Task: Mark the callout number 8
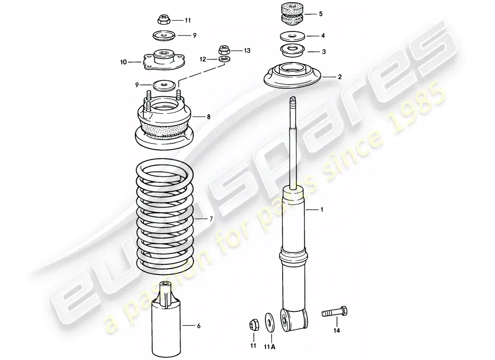(x=208, y=117)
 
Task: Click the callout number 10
(x=124, y=63)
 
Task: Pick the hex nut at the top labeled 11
(x=163, y=20)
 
